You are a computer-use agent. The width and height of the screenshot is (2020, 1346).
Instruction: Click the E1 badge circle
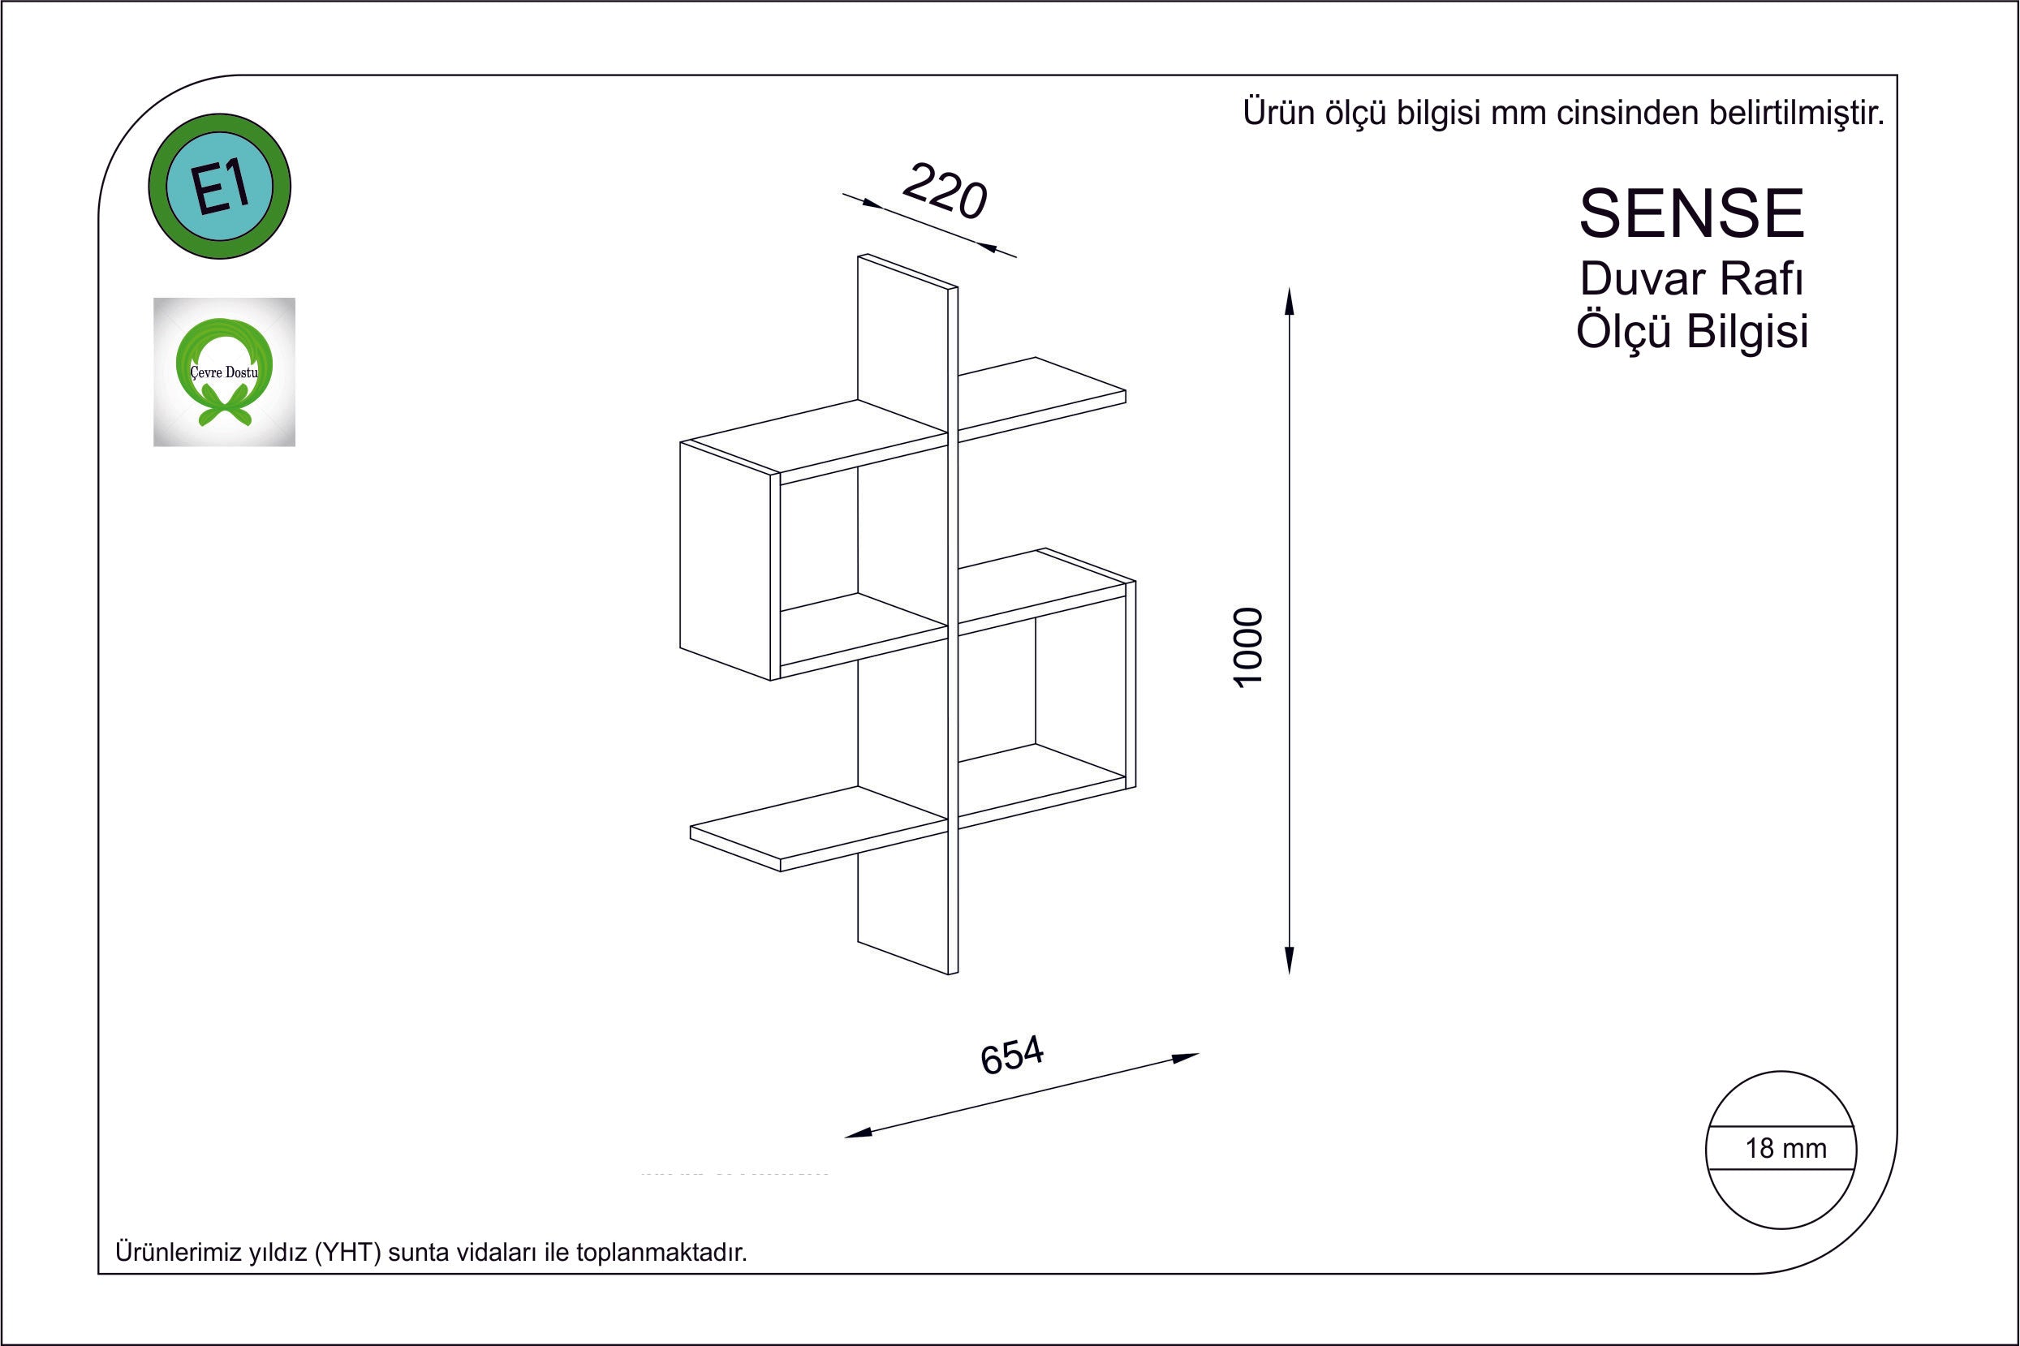tap(220, 187)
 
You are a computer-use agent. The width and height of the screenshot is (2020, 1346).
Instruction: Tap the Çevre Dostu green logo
tap(224, 372)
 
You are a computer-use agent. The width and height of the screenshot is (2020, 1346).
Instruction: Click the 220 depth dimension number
tap(945, 191)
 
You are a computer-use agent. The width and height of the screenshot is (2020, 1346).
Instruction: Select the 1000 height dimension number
tap(1249, 647)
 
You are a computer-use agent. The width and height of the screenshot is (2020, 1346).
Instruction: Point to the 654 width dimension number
tap(1012, 1055)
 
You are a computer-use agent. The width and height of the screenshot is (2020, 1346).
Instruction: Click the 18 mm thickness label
tap(1785, 1149)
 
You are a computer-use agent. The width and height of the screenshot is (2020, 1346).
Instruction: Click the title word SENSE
tap(1692, 213)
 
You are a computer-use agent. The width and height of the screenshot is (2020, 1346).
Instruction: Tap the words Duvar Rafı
tap(1691, 278)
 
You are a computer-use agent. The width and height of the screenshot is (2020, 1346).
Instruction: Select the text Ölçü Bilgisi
tap(1692, 330)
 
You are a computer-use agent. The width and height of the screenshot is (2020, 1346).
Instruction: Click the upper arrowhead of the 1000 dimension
tap(1289, 302)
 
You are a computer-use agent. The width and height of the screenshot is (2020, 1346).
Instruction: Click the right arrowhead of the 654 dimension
tap(1186, 1058)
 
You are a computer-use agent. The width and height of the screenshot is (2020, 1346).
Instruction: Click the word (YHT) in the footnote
tap(347, 1253)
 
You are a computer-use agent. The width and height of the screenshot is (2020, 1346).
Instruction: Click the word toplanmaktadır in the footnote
tap(661, 1253)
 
